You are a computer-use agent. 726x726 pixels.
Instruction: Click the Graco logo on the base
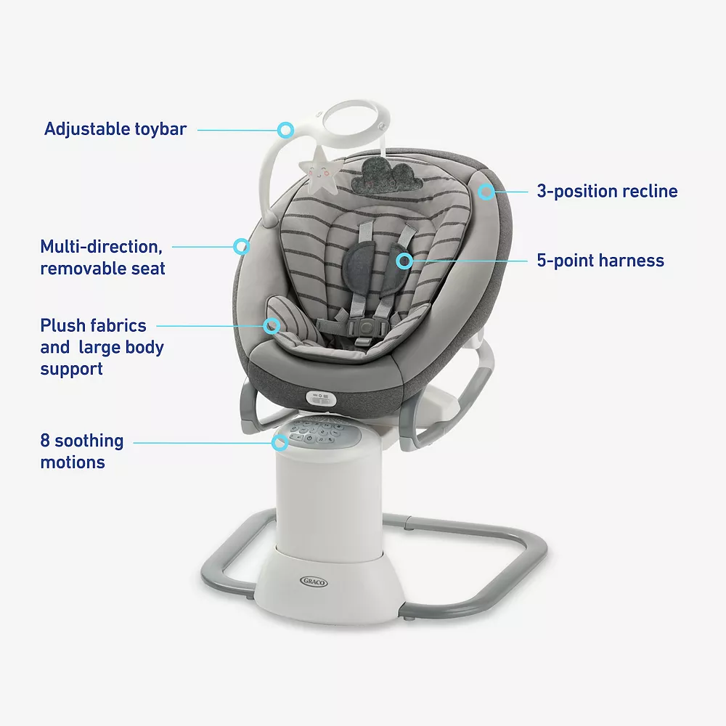314,582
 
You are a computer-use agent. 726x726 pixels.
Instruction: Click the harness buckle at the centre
366,327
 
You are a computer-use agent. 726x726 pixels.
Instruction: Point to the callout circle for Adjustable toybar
285,130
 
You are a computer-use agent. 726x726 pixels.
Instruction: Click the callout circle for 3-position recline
486,191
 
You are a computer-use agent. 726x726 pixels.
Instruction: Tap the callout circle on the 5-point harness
404,261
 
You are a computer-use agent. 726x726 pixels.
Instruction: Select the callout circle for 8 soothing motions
280,443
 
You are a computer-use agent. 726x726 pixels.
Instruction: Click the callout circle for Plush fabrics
272,325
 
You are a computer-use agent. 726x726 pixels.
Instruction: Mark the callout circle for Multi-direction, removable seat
241,246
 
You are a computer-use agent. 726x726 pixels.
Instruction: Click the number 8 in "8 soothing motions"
45,441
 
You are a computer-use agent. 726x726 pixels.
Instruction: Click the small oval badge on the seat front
320,398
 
